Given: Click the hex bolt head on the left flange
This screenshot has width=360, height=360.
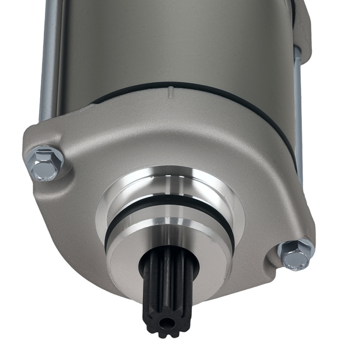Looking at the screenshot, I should click(44, 163).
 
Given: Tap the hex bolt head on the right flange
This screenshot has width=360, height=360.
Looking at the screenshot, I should click(296, 256).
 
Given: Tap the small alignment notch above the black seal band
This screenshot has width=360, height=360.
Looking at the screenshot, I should click(171, 90).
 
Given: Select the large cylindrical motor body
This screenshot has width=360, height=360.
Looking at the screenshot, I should click(168, 42).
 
